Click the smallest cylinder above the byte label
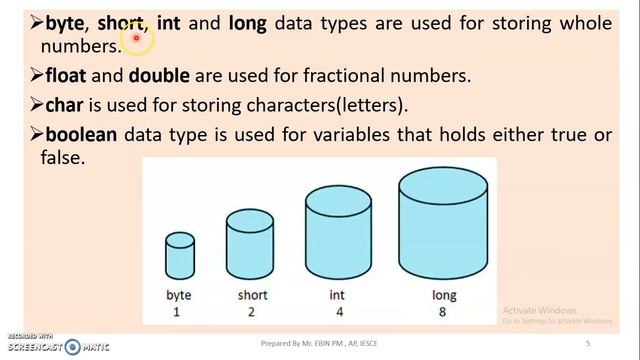(180, 255)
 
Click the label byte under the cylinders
(180, 295)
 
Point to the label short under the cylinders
(252, 295)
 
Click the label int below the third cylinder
(337, 295)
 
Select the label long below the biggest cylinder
(445, 295)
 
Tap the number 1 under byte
(180, 312)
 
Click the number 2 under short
(252, 312)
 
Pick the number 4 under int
(337, 312)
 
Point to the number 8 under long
(445, 312)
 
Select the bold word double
(159, 75)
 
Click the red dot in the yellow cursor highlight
(136, 39)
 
